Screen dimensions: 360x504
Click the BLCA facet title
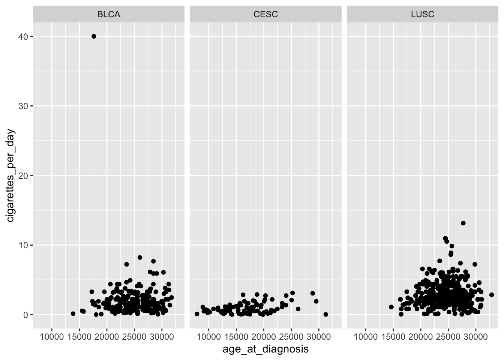click(109, 15)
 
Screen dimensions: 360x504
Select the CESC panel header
click(265, 15)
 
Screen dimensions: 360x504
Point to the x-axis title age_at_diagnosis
click(265, 349)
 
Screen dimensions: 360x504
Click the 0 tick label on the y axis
click(26, 315)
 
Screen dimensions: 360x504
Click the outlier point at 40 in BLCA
click(94, 36)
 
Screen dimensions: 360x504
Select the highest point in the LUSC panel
click(463, 223)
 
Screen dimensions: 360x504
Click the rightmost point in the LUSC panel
click(492, 295)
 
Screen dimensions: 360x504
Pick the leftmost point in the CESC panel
click(197, 314)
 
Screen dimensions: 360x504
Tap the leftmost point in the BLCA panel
click(73, 313)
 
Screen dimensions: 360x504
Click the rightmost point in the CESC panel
click(325, 314)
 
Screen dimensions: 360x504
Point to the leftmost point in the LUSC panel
click(391, 307)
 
